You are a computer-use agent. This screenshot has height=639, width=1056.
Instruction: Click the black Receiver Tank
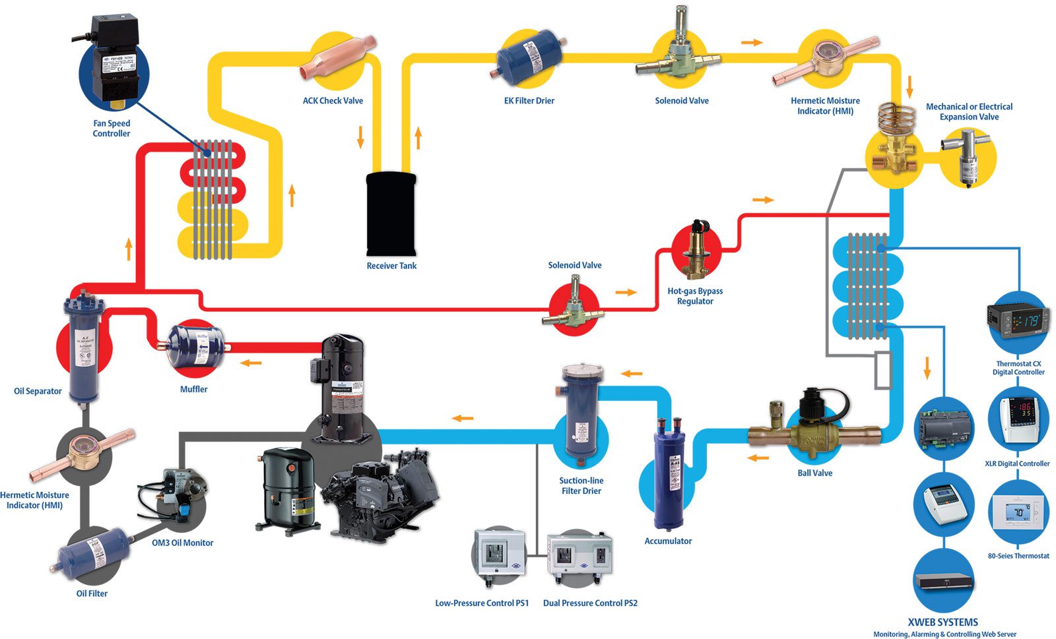click(391, 214)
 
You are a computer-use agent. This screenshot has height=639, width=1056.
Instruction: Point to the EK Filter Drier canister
click(529, 57)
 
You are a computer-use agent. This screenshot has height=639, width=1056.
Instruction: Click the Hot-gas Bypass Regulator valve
click(695, 251)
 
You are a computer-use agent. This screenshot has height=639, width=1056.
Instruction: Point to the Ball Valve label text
click(814, 473)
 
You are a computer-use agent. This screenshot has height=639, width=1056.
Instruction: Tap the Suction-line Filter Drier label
click(581, 485)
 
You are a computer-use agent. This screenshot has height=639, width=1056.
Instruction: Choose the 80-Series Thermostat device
click(1018, 513)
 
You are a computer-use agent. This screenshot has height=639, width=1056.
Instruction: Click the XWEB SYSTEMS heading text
click(942, 622)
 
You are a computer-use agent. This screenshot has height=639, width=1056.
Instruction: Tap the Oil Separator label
click(38, 391)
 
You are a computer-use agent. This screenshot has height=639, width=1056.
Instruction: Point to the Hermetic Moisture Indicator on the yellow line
click(826, 60)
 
